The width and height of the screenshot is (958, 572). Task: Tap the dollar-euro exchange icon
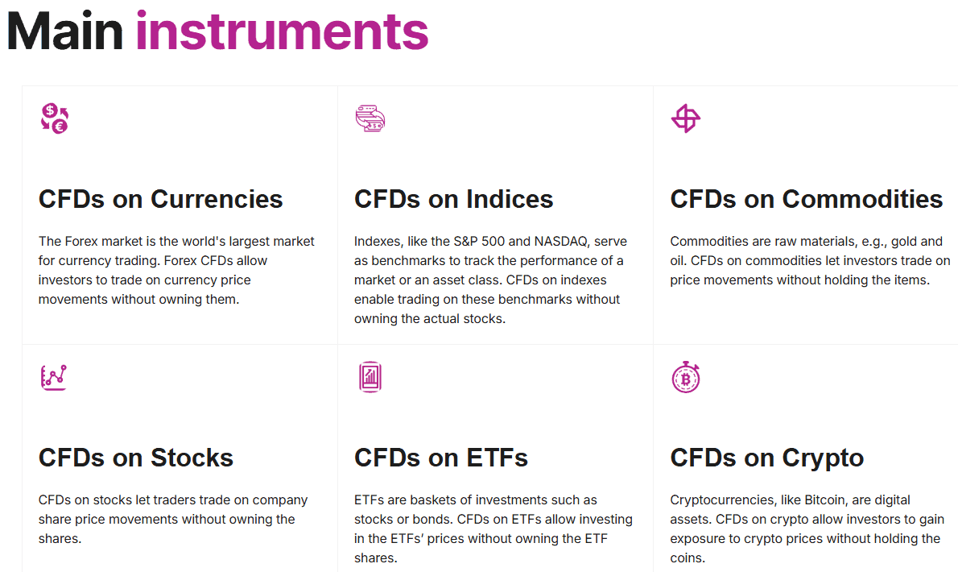click(55, 118)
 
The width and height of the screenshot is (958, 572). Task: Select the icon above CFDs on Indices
click(370, 118)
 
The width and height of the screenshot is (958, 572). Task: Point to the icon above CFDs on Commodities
click(686, 118)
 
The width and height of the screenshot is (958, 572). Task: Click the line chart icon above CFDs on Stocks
click(54, 377)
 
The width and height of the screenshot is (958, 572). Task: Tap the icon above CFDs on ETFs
click(370, 377)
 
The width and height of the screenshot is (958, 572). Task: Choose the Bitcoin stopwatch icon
click(686, 377)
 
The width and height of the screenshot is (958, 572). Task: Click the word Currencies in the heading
click(217, 199)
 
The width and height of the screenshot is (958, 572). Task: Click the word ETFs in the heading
click(497, 458)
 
